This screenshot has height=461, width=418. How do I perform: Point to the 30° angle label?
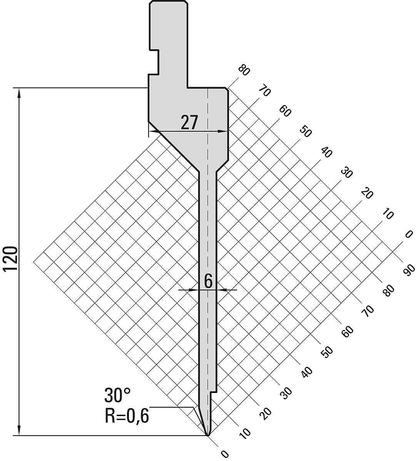[117, 395]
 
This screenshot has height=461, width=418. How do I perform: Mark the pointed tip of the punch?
[208, 435]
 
